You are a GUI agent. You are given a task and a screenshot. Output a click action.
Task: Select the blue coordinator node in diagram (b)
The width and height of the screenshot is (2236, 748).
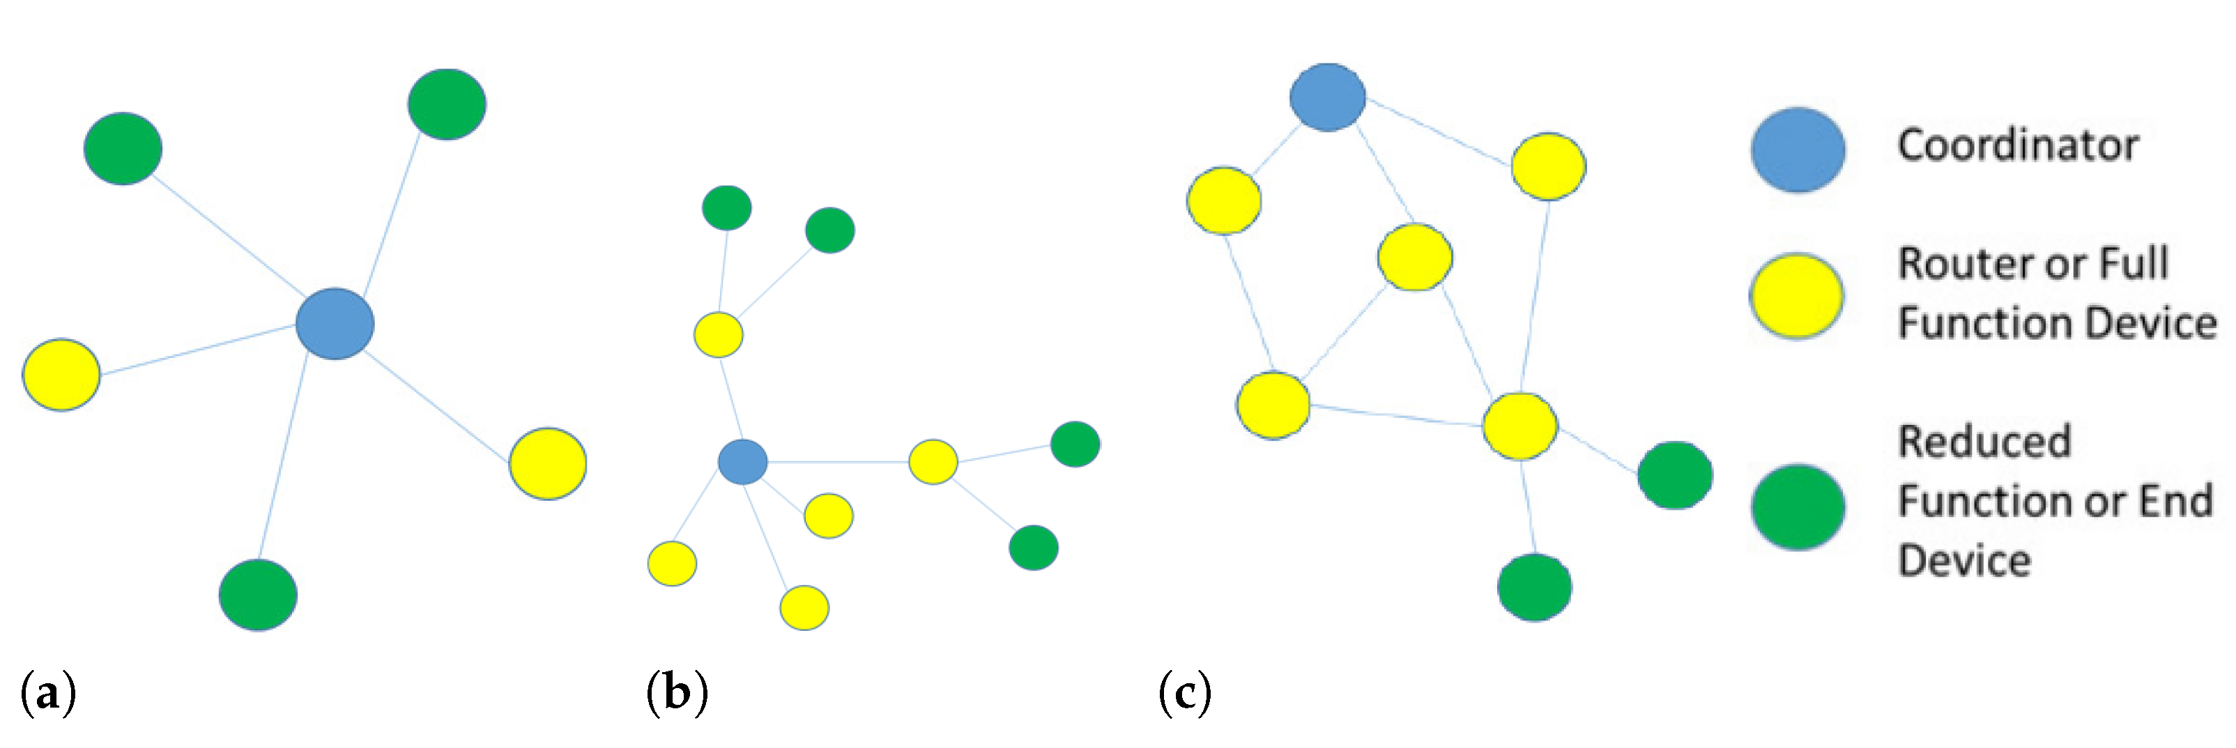tap(742, 462)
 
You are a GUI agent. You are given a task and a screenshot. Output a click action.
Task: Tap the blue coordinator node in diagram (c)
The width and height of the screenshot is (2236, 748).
tap(1327, 98)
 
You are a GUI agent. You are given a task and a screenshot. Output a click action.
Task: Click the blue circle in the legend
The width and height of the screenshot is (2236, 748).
tap(1798, 149)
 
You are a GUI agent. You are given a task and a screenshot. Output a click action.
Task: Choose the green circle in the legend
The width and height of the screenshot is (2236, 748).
tap(1798, 508)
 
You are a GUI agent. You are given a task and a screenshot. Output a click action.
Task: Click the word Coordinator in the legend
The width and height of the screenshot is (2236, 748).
tap(2017, 145)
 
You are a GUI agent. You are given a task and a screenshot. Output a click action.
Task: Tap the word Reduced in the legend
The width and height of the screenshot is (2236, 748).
tap(1984, 442)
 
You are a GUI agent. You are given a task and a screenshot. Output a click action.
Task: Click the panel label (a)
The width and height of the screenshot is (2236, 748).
tap(47, 694)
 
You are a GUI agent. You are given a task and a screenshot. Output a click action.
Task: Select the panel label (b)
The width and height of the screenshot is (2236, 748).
tap(677, 694)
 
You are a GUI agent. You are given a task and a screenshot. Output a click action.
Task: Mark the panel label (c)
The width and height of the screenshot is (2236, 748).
tap(1185, 694)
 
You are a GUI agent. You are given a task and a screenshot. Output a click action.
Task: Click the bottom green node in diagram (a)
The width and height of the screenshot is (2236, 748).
tap(258, 595)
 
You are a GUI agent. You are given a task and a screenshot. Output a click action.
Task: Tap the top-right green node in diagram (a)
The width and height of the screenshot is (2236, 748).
tap(447, 104)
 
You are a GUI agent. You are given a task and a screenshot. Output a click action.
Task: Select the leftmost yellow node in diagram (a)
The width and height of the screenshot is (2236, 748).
tap(61, 375)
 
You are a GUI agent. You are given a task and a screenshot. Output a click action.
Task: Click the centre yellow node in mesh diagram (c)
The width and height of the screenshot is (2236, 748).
tap(1415, 257)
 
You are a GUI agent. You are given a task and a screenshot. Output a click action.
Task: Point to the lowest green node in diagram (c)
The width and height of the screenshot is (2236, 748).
tap(1534, 588)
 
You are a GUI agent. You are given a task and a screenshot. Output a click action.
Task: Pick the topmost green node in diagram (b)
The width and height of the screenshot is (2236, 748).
tap(726, 208)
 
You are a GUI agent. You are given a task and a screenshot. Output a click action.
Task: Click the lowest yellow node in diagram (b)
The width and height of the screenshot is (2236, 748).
tap(804, 607)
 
